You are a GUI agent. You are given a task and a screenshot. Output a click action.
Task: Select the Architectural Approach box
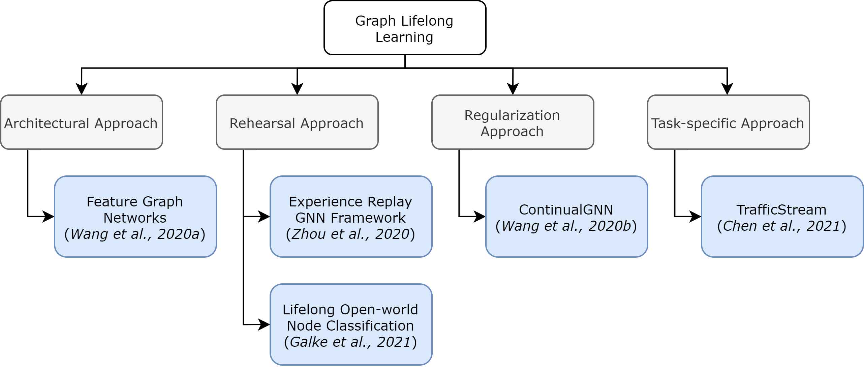(82, 122)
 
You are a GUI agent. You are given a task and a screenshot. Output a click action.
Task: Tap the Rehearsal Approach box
(297, 122)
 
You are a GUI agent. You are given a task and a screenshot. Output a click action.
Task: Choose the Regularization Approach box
(513, 122)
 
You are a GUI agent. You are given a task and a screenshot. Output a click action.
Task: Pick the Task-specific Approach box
(728, 122)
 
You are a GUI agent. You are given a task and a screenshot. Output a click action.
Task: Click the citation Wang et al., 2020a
(135, 234)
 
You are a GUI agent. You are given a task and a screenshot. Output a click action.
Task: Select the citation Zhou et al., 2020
(350, 234)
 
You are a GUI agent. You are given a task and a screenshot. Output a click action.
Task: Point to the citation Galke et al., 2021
(350, 342)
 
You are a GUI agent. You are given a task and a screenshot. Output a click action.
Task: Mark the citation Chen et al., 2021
(782, 226)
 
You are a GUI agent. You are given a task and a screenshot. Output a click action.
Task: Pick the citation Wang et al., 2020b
(566, 226)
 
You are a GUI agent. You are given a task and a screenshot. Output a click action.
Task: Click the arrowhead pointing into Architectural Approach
(82, 89)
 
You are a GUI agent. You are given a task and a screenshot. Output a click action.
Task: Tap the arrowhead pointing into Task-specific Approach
(727, 89)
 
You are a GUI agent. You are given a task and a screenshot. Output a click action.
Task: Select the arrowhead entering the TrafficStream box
(696, 217)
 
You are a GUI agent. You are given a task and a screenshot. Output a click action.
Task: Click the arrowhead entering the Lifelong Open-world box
(264, 324)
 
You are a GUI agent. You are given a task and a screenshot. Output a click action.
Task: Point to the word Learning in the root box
(404, 37)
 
